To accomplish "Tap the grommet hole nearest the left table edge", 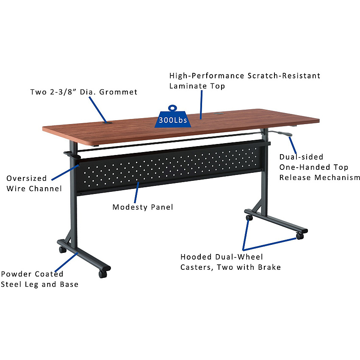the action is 107,123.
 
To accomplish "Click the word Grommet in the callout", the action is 118,92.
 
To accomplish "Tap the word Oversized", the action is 27,178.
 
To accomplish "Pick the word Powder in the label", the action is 16,274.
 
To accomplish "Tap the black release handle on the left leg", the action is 72,155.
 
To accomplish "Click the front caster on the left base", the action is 103,274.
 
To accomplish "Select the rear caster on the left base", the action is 62,249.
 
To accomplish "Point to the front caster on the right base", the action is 300,236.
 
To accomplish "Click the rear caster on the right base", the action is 249,217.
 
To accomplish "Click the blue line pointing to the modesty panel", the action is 136,193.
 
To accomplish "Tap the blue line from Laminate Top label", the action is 201,105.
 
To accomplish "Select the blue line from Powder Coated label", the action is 66,262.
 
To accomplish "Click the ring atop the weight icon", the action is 172,108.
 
